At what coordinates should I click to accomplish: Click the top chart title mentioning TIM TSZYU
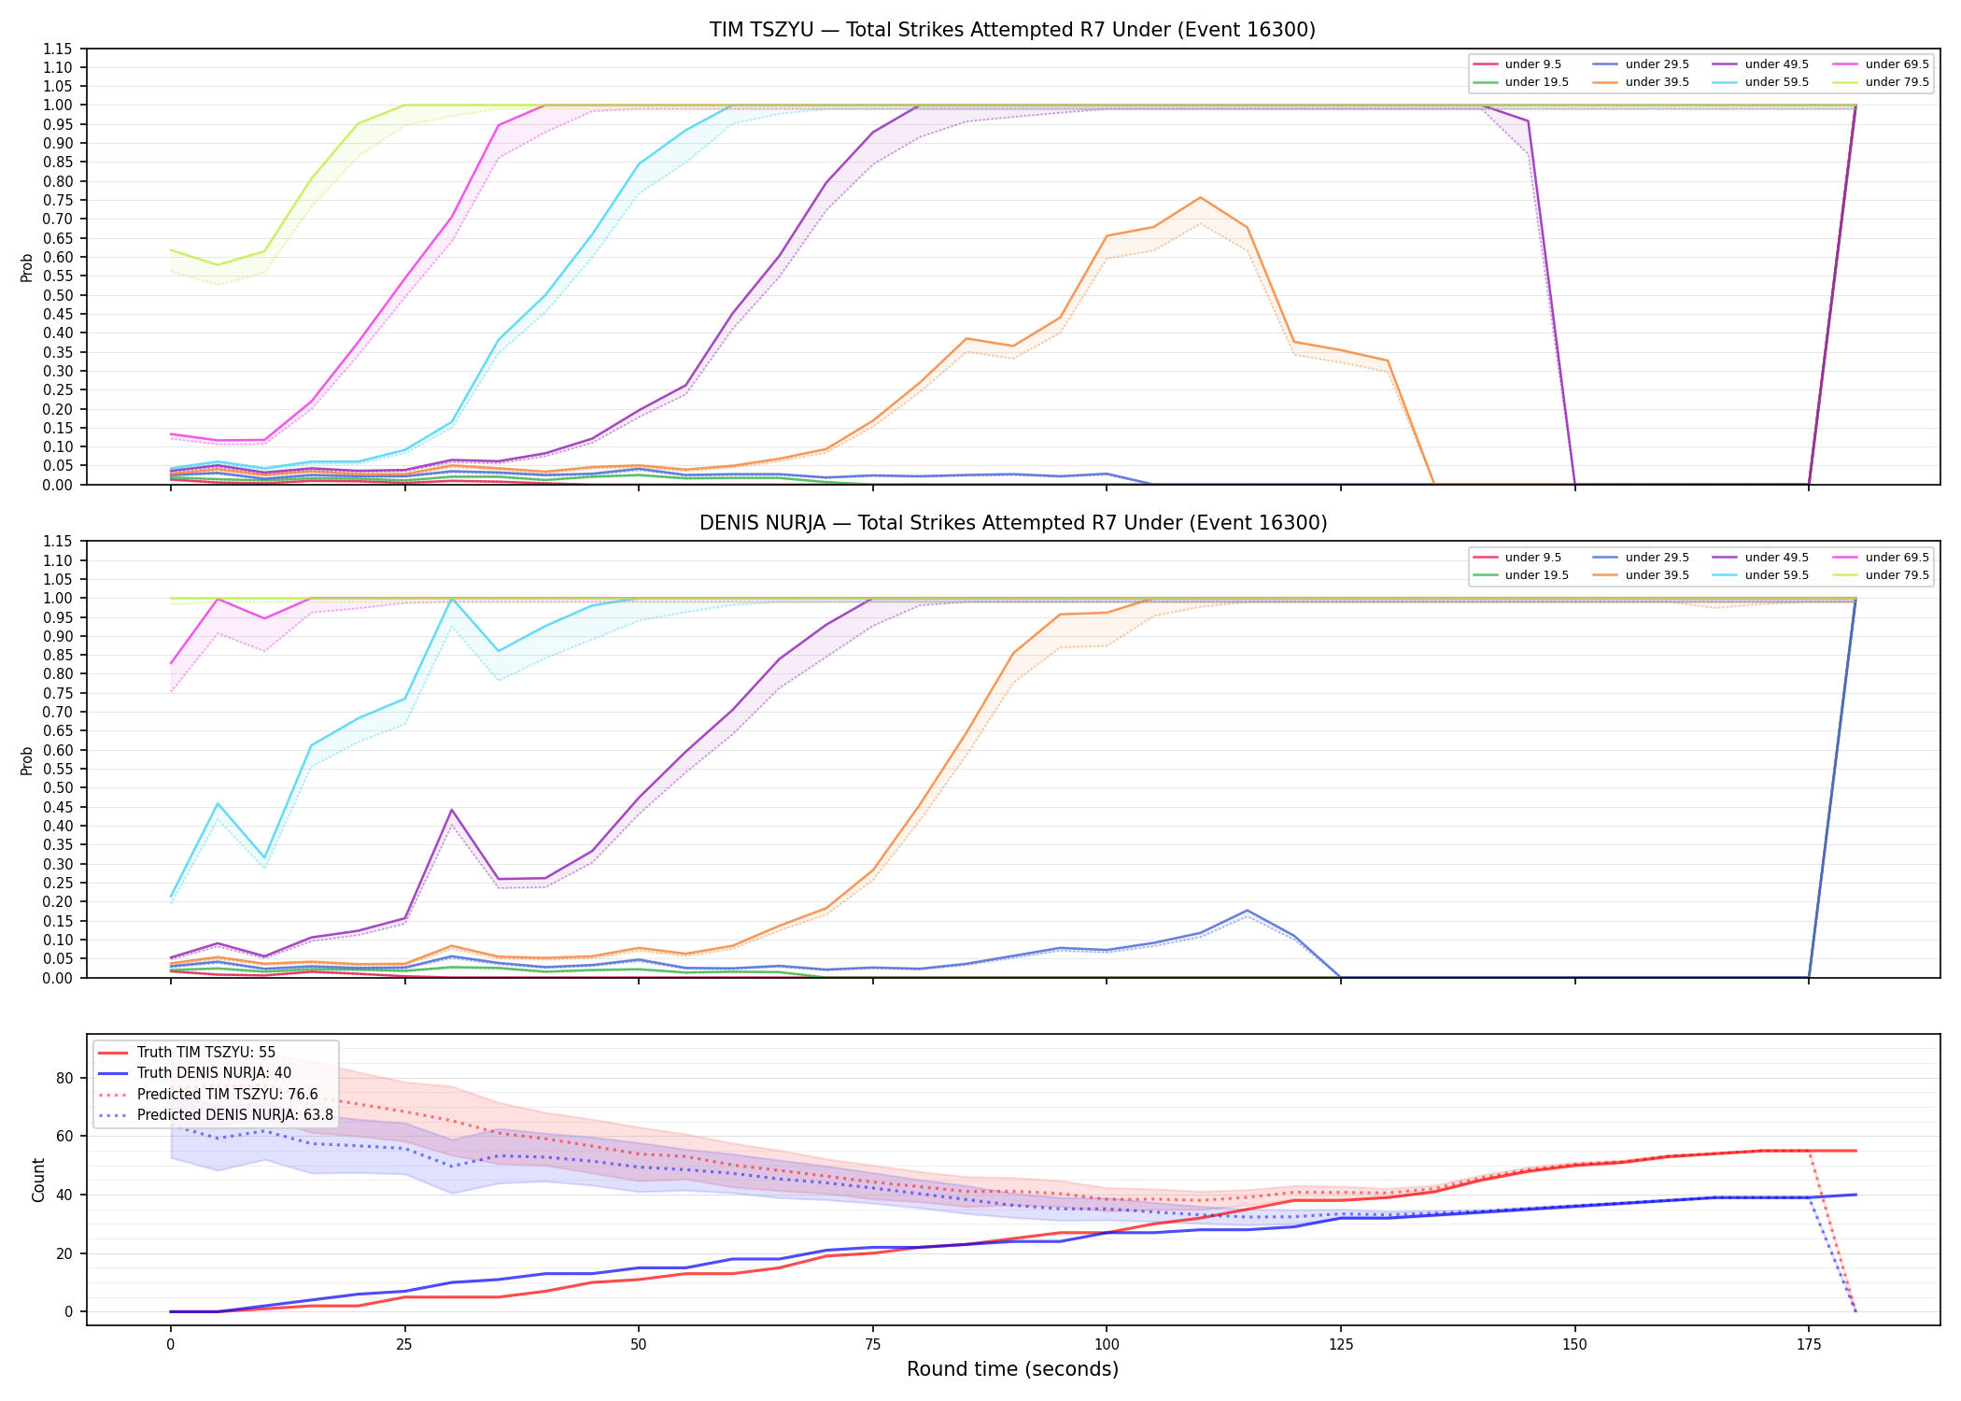click(x=1012, y=30)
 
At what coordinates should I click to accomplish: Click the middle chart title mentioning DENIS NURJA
click(x=1012, y=523)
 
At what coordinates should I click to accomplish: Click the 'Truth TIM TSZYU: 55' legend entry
click(x=187, y=1053)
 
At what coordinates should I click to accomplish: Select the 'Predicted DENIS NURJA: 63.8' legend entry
click(x=216, y=1115)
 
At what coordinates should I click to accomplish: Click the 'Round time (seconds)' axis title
click(x=1012, y=1369)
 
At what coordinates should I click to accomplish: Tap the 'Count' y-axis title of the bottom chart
click(x=38, y=1180)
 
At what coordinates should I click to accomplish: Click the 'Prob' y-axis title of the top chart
click(x=27, y=268)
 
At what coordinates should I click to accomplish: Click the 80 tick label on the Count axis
click(x=63, y=1078)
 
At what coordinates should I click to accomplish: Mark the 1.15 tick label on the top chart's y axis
click(x=57, y=49)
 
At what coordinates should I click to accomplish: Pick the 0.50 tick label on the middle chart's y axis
click(x=57, y=788)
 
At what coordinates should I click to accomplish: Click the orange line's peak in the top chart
click(x=1200, y=197)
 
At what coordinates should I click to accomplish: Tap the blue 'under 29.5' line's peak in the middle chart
click(x=1247, y=911)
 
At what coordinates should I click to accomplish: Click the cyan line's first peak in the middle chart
click(x=218, y=803)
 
